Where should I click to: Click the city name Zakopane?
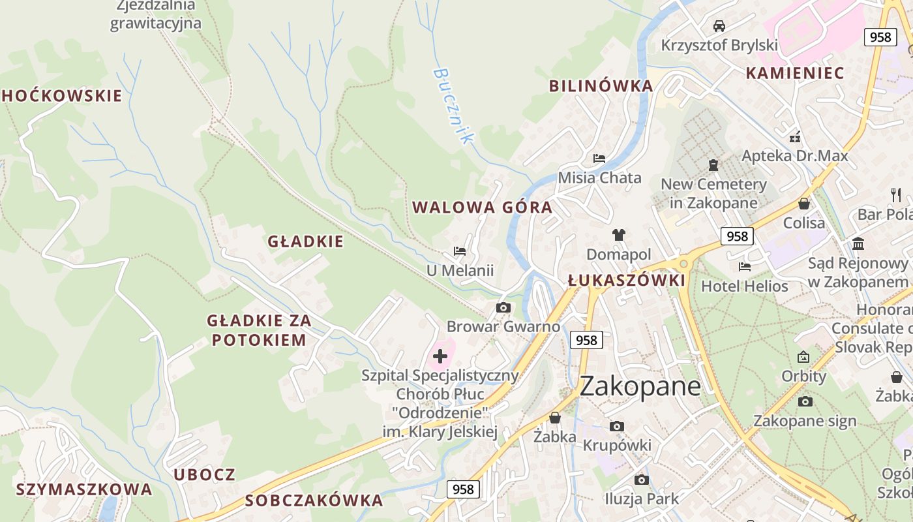(640, 386)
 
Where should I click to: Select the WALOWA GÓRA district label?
(482, 207)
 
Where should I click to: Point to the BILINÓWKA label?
(601, 86)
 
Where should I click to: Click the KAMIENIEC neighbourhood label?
(795, 73)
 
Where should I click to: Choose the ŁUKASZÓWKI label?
(626, 281)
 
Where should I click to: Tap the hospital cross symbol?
(440, 356)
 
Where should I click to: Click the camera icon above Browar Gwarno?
(503, 307)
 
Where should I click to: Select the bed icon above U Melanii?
(460, 251)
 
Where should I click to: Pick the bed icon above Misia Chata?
(599, 159)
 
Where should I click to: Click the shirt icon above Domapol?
(618, 235)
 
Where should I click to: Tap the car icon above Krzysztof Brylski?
(719, 26)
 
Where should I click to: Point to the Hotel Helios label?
(744, 286)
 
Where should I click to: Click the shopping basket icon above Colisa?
(804, 204)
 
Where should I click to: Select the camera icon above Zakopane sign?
(805, 401)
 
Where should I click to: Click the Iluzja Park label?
(641, 499)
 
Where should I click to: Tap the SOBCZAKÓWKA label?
(314, 500)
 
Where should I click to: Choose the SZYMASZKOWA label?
(83, 489)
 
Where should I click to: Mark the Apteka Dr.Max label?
(795, 156)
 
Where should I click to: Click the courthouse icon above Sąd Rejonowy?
(858, 244)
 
